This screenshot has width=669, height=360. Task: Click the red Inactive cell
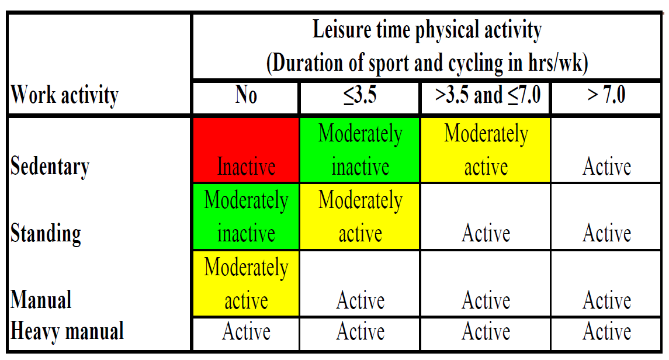(246, 150)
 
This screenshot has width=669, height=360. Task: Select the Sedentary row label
(50, 167)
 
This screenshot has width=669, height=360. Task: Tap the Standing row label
(46, 233)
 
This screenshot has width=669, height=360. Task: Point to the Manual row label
(41, 299)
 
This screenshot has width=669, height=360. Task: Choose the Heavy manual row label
(67, 331)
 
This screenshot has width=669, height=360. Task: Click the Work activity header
(64, 95)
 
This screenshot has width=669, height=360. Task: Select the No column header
(246, 95)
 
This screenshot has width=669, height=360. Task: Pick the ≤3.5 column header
(360, 95)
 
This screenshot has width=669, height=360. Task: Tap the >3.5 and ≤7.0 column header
(488, 95)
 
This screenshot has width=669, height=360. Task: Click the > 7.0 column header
(606, 95)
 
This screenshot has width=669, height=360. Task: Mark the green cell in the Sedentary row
(360, 150)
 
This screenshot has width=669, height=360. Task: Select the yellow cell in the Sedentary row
(486, 150)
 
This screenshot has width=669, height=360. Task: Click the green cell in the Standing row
(246, 217)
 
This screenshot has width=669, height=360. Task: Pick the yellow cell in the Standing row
(360, 217)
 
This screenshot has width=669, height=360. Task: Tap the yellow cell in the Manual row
(246, 283)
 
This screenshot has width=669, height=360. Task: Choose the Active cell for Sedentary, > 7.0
(606, 167)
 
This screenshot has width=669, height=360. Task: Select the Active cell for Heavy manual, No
(246, 331)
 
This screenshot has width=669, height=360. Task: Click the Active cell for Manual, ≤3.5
(360, 300)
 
